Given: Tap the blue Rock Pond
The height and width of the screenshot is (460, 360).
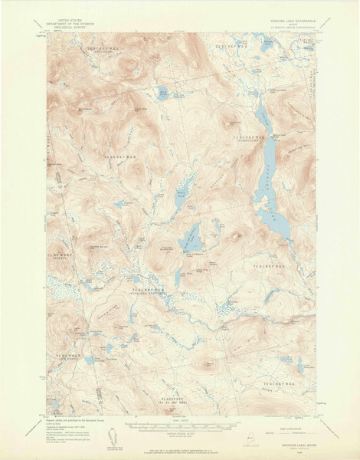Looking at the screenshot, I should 163,94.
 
